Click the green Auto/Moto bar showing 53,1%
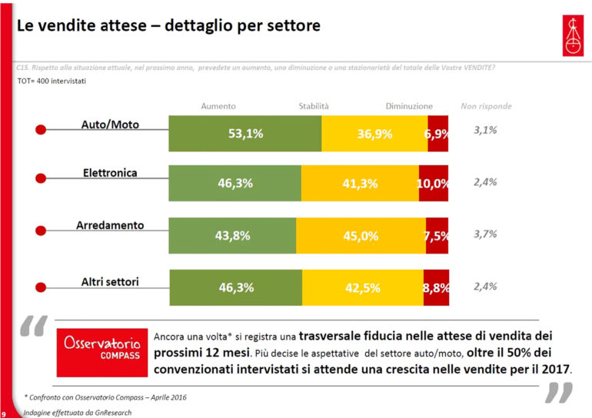tap(244, 134)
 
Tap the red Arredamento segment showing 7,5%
tap(436, 236)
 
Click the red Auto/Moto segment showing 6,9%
tap(437, 134)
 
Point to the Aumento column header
tap(218, 106)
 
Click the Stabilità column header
tap(314, 106)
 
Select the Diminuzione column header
tap(409, 106)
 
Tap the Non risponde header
tap(486, 106)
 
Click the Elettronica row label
tap(110, 173)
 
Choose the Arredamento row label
tap(110, 225)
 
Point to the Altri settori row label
tap(110, 282)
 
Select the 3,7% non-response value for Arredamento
tap(485, 234)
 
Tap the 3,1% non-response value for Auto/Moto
tap(485, 131)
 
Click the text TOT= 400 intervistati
tap(51, 80)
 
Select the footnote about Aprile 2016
tap(105, 397)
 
